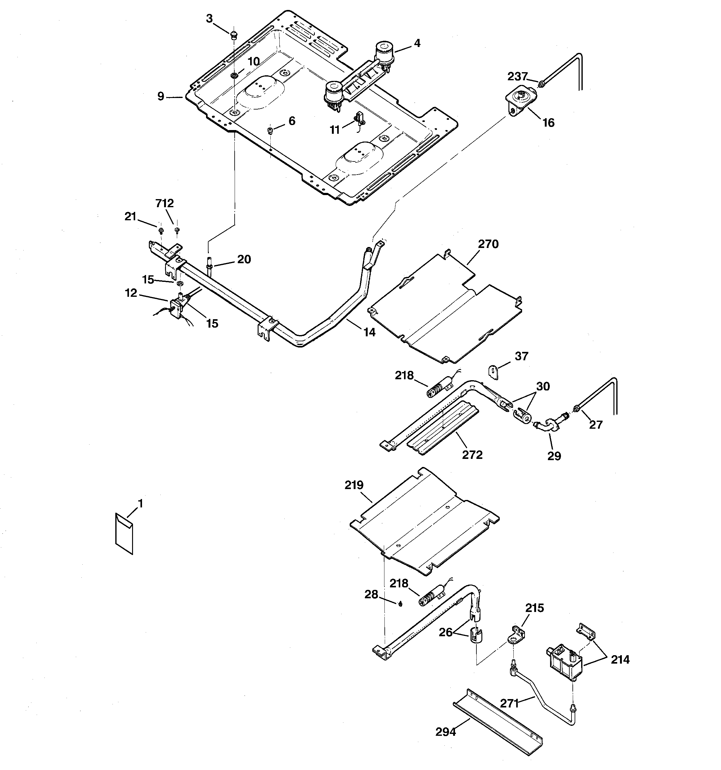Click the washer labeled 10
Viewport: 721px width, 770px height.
pyautogui.click(x=234, y=75)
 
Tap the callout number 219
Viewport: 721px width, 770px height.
pyautogui.click(x=354, y=485)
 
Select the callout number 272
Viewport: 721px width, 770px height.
pyautogui.click(x=472, y=455)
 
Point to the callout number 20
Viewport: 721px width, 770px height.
pyautogui.click(x=244, y=259)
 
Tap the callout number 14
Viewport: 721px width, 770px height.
pyautogui.click(x=369, y=332)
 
